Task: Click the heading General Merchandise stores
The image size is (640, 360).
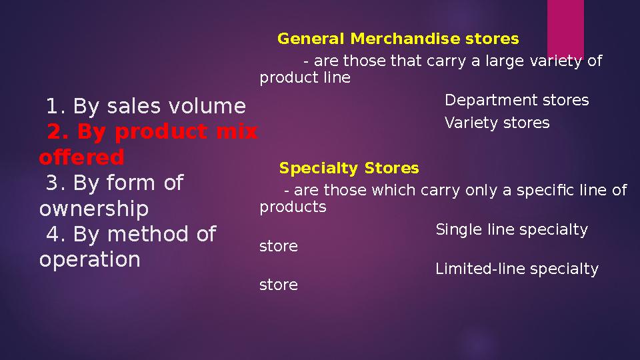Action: pyautogui.click(x=398, y=39)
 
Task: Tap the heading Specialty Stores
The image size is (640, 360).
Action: pyautogui.click(x=349, y=168)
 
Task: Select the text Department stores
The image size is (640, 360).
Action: pyautogui.click(x=517, y=101)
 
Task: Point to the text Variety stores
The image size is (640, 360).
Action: pyautogui.click(x=497, y=123)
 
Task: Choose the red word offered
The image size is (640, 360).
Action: pyautogui.click(x=81, y=158)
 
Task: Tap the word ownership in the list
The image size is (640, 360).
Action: pyautogui.click(x=94, y=209)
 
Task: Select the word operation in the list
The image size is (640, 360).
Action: pyautogui.click(x=90, y=259)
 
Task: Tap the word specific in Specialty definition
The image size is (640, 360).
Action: pyautogui.click(x=537, y=191)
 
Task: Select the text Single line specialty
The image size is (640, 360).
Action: pyautogui.click(x=511, y=231)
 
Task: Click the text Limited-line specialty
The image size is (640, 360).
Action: pyautogui.click(x=517, y=269)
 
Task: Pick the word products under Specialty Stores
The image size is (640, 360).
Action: pyautogui.click(x=293, y=207)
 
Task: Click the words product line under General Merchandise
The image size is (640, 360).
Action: pyautogui.click(x=305, y=78)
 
